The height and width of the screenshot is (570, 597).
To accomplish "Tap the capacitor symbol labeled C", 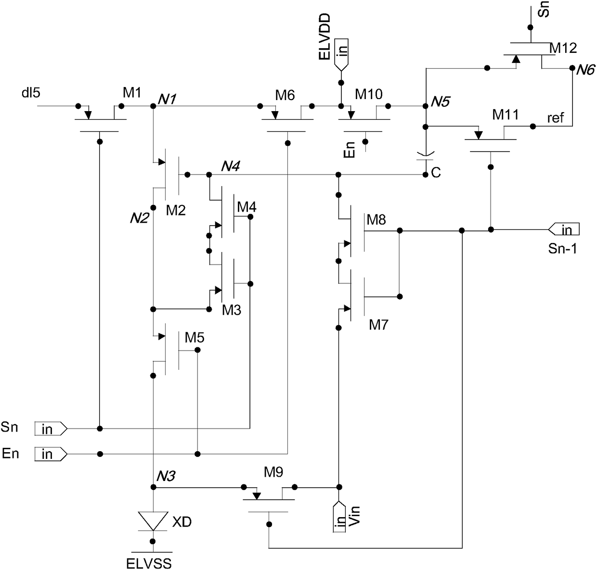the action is (425, 156).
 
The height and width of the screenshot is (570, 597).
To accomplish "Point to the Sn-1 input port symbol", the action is (564, 229).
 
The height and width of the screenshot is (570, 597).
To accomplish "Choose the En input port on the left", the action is (51, 454).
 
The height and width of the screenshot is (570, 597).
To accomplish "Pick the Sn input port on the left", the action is (51, 429).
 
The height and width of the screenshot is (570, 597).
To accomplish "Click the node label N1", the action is (167, 99).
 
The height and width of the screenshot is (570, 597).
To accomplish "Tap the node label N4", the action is (231, 166).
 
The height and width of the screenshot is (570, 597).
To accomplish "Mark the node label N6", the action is (585, 70).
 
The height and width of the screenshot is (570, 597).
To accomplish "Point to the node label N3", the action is (166, 476).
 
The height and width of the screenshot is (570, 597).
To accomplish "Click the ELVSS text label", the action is (149, 563).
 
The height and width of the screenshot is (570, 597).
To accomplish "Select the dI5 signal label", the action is (31, 92).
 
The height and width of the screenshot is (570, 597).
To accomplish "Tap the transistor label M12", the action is (563, 48).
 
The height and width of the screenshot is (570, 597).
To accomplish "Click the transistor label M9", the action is (273, 472).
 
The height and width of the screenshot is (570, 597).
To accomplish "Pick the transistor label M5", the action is (194, 337).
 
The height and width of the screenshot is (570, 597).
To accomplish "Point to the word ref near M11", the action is (556, 117).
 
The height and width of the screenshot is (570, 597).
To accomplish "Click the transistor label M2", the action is (176, 210).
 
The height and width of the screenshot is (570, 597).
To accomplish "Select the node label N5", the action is (440, 101).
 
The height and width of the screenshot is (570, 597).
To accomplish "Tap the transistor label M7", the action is (378, 325).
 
